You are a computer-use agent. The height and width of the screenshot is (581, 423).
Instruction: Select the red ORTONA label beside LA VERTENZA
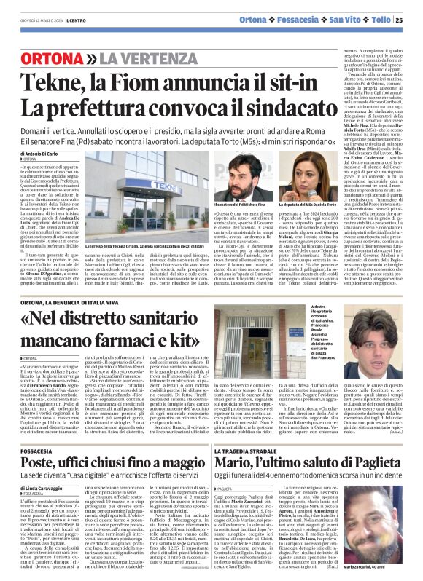coord(46,58)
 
